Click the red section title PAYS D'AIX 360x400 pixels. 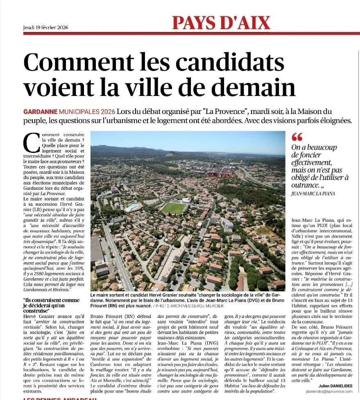(221, 22)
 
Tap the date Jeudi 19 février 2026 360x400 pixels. (45, 28)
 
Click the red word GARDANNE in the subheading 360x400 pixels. (40, 111)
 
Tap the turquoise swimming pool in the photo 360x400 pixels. (133, 207)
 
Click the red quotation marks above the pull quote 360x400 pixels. (297, 137)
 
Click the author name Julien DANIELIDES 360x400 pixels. (335, 385)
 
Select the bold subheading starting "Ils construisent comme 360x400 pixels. (52, 305)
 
